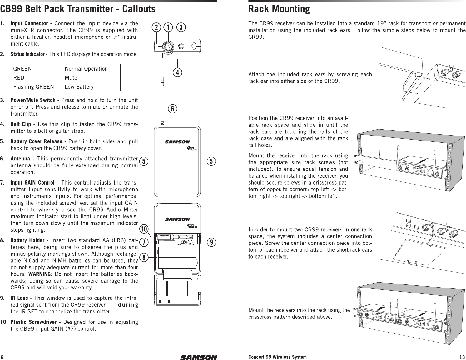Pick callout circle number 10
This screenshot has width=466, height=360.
pos(144,229)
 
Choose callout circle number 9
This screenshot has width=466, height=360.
pos(212,242)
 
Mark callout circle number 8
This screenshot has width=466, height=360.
pos(144,258)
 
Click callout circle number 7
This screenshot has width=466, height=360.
pos(144,242)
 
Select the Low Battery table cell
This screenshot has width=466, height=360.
pos(79,87)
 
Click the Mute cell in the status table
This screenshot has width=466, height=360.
pos(71,78)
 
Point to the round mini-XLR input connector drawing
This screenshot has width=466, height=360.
pos(168,47)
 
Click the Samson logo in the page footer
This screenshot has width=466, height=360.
pos(198,357)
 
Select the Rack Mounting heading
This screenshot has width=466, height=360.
pos(279,9)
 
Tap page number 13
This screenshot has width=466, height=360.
pos(462,357)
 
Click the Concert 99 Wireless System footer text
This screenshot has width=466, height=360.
pos(277,357)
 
